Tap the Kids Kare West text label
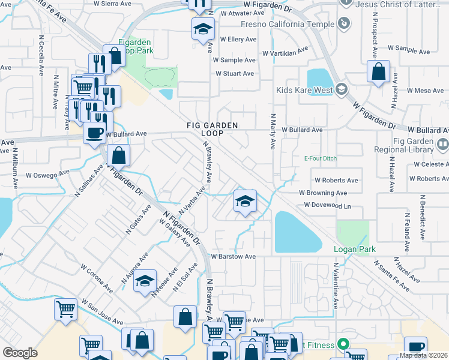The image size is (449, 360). pyautogui.click(x=304, y=91)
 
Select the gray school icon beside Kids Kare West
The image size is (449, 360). pyautogui.click(x=341, y=90)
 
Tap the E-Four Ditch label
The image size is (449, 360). pyautogui.click(x=321, y=159)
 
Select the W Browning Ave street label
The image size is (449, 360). pyautogui.click(x=323, y=193)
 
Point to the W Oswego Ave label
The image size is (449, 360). pyautogui.click(x=45, y=176)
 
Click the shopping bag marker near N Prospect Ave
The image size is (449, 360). pyautogui.click(x=379, y=71)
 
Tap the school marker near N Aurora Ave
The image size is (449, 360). pyautogui.click(x=145, y=281)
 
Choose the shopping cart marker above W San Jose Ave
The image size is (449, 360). pyautogui.click(x=65, y=310)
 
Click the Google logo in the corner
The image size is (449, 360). pyautogui.click(x=20, y=353)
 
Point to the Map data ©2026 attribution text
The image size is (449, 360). pyautogui.click(x=421, y=355)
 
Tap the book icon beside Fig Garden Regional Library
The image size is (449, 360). pyautogui.click(x=443, y=144)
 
